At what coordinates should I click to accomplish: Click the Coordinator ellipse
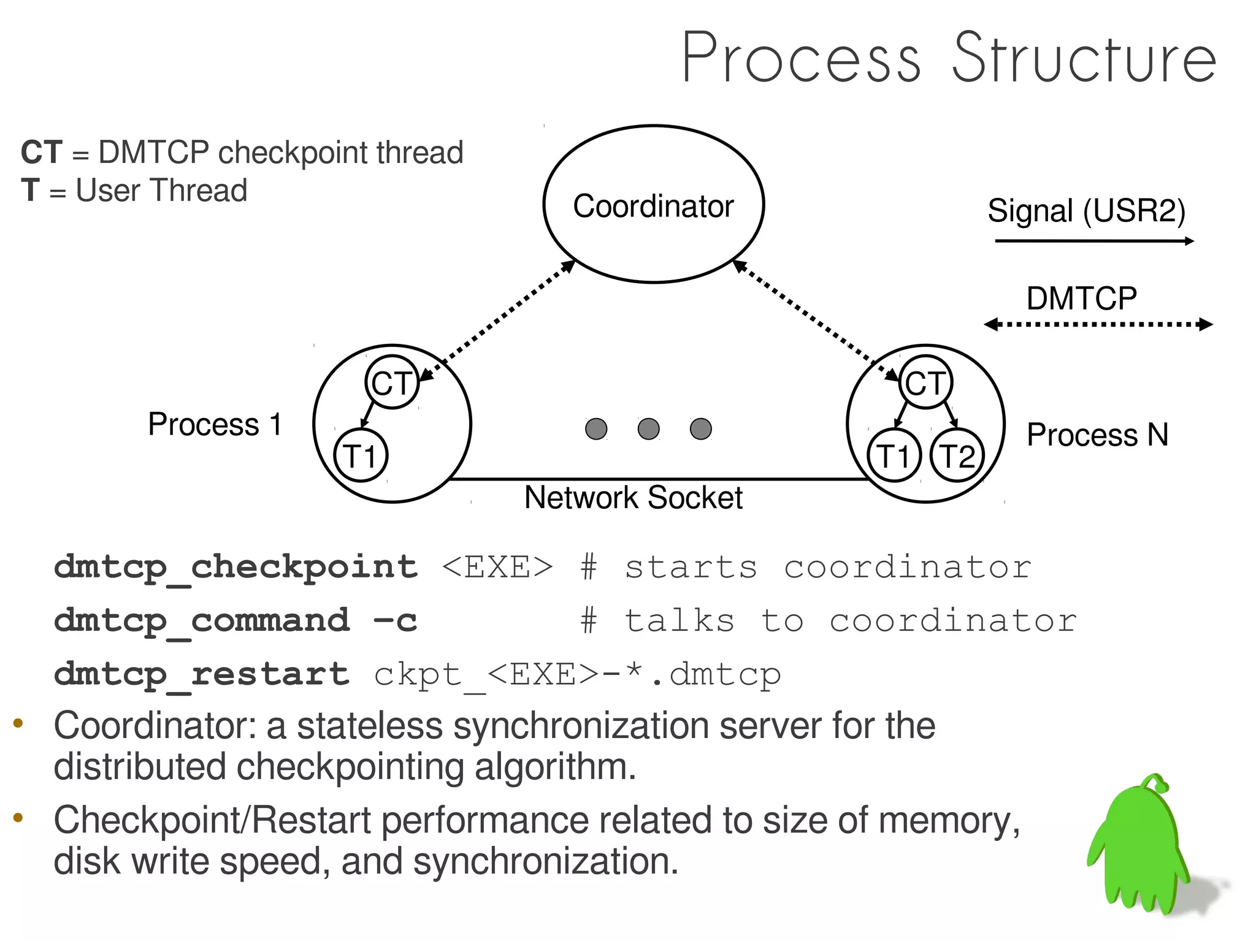point(653,204)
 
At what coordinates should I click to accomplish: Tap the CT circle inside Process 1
point(391,383)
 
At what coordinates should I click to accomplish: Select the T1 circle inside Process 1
point(360,455)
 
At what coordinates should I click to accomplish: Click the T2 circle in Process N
point(957,455)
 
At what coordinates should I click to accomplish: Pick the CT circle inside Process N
point(925,383)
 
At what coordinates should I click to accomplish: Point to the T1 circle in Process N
point(894,455)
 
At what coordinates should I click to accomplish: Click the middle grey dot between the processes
point(648,429)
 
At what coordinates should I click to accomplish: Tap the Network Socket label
point(633,497)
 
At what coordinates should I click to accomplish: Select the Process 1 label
point(215,424)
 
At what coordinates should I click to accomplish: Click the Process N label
point(1097,435)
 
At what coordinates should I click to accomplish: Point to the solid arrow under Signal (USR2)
point(1093,241)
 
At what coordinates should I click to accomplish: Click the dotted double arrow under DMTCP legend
point(1098,324)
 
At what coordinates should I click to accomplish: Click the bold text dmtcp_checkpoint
point(235,566)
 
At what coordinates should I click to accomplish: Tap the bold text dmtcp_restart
point(201,674)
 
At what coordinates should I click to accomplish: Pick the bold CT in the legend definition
point(42,152)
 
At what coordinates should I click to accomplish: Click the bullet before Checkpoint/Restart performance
point(18,817)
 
